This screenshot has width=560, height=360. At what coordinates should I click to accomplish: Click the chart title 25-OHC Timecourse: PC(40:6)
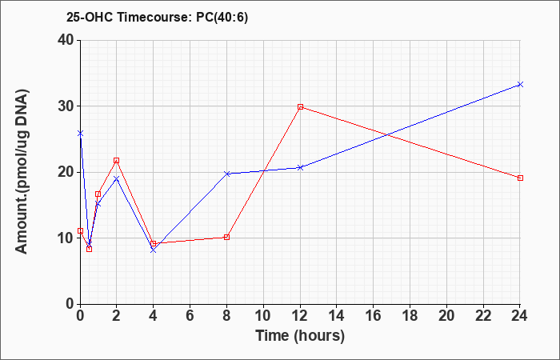point(157,18)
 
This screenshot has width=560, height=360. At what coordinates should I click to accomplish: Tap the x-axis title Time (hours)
point(300,336)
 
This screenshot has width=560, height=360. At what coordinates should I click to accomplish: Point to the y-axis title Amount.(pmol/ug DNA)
point(22,171)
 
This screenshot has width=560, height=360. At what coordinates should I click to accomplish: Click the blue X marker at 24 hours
point(520,84)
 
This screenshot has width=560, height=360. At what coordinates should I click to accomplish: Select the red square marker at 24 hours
point(520,178)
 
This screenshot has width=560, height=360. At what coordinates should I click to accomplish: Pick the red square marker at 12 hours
point(300,106)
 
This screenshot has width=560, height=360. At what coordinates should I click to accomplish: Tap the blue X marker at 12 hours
point(300,167)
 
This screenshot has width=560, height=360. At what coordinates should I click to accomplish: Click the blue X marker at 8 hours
point(226,174)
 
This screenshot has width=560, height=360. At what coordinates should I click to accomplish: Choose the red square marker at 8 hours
point(226,237)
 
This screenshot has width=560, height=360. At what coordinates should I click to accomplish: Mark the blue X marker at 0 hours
point(80,134)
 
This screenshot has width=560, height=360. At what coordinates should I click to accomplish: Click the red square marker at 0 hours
point(80,230)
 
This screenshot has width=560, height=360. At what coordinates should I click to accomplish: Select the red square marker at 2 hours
point(117,160)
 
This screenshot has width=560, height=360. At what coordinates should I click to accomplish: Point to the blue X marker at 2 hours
point(117,178)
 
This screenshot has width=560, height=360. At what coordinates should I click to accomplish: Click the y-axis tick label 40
point(66,40)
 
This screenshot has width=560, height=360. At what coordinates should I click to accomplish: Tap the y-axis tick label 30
point(66,106)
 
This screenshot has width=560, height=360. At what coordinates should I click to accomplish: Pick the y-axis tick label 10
point(66,238)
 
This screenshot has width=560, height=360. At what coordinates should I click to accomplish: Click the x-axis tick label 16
point(374,316)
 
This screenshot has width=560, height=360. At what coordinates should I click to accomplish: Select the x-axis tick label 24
point(520,316)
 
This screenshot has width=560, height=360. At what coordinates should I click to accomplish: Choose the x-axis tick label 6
point(190,316)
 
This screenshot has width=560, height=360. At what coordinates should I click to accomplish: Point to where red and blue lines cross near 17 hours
point(386,135)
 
